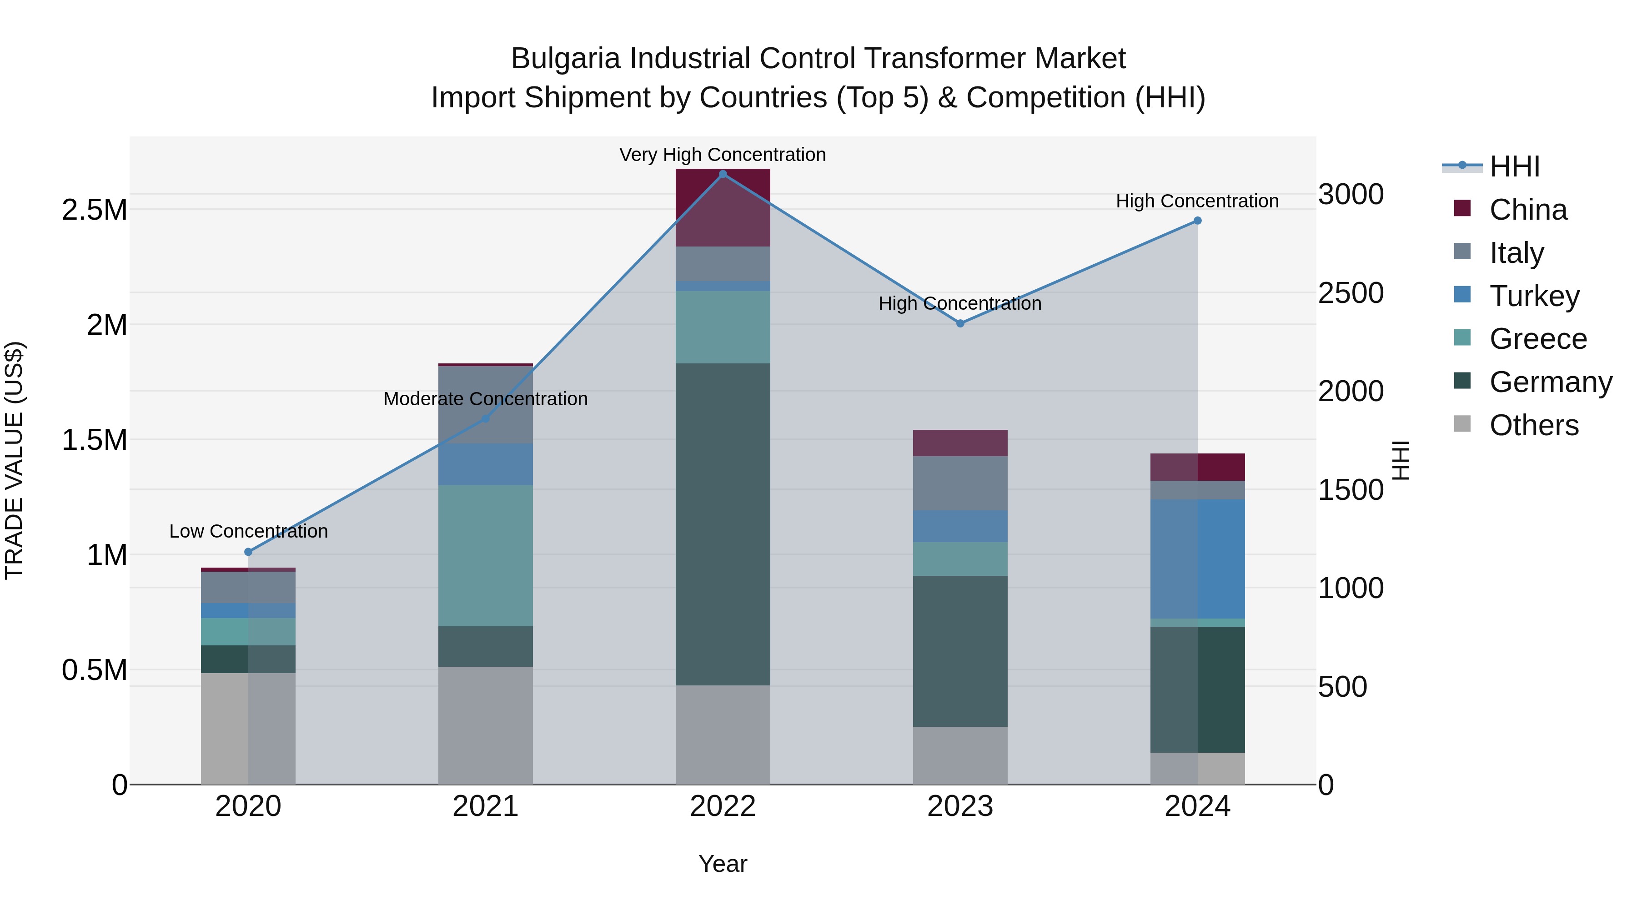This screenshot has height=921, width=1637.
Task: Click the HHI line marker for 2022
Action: [x=723, y=174]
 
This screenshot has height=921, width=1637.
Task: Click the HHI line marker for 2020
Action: [x=248, y=552]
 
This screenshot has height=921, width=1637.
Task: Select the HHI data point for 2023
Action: [x=960, y=323]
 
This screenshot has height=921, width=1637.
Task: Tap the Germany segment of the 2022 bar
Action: [x=723, y=524]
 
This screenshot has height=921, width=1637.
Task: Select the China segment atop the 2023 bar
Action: [x=960, y=443]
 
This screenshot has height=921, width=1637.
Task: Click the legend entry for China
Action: [x=1528, y=210]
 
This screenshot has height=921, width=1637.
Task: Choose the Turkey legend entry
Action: [x=1534, y=296]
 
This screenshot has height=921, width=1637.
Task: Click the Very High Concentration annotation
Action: [x=723, y=155]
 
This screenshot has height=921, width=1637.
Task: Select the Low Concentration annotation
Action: [x=248, y=531]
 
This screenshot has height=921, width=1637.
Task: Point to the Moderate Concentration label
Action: [x=486, y=399]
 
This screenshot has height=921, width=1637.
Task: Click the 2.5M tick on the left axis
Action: [x=95, y=210]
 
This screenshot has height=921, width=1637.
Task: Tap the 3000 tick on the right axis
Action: [x=1351, y=195]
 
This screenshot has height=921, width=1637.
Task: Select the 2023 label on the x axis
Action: [x=960, y=806]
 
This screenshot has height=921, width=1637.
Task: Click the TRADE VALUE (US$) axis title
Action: [x=14, y=460]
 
